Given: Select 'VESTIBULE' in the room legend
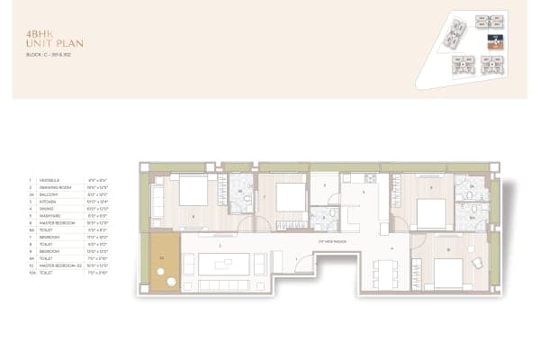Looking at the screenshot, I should click(x=46, y=180).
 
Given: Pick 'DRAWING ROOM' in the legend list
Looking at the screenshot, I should click(x=50, y=186).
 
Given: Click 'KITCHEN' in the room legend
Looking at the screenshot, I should click(x=44, y=199).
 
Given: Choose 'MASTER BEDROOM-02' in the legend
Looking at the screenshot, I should click(x=54, y=264).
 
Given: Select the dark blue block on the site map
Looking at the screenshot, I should click(x=493, y=41).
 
